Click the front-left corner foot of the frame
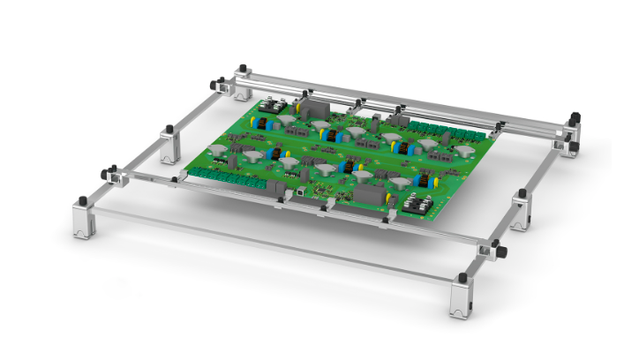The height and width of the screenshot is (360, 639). tap(85, 221)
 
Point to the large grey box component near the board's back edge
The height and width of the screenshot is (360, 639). tap(313, 109)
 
